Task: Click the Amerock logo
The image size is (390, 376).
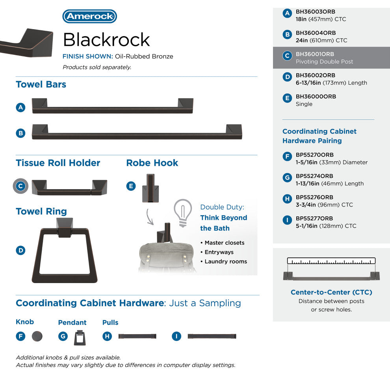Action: tap(89, 17)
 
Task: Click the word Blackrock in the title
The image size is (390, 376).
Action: tap(106, 39)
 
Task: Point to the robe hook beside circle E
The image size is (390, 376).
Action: tap(150, 188)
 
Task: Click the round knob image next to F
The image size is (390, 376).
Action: tap(37, 337)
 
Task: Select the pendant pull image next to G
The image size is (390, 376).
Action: tap(80, 338)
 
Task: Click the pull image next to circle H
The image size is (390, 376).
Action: tap(137, 336)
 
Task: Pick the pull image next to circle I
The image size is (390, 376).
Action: tap(212, 336)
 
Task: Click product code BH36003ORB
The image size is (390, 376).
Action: tap(316, 12)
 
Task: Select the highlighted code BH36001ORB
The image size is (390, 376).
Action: tap(315, 54)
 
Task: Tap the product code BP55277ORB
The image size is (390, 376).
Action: tap(314, 218)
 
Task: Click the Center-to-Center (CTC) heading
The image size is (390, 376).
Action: tap(331, 292)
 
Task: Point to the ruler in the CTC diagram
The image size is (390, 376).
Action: tap(331, 261)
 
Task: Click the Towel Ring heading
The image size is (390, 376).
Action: tap(41, 211)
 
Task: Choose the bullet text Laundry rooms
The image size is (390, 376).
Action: tap(226, 262)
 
